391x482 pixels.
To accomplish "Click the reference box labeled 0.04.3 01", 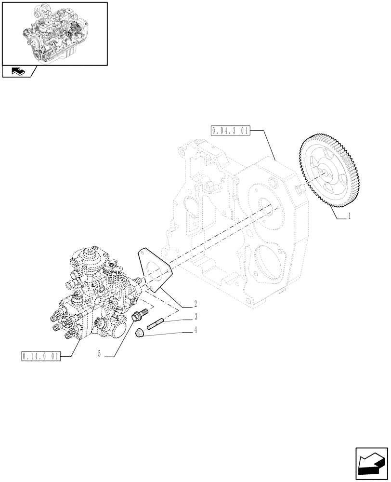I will [x=230, y=130].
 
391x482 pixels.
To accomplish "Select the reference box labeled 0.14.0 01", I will [x=41, y=357].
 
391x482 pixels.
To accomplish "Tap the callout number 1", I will [x=349, y=217].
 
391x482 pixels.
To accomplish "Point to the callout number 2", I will [x=195, y=305].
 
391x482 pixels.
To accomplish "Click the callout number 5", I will [x=99, y=354].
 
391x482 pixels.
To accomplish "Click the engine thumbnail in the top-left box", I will [x=54, y=33].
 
